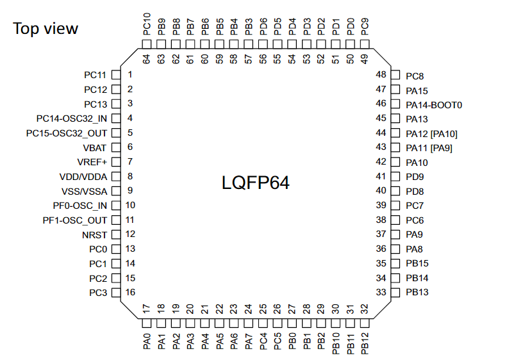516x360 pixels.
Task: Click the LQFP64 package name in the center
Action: tap(256, 183)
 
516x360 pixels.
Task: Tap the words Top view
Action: tap(46, 28)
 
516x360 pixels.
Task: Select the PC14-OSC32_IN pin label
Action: tap(71, 118)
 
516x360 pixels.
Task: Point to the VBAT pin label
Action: tap(95, 147)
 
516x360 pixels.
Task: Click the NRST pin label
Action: tap(94, 234)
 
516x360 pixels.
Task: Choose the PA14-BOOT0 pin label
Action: tap(434, 104)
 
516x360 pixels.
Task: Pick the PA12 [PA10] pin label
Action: tap(431, 134)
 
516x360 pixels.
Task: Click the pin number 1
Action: tap(129, 74)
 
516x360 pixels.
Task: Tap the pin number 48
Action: tap(381, 74)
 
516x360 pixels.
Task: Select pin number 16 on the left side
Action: tap(130, 293)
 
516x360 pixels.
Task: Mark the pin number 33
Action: tap(381, 293)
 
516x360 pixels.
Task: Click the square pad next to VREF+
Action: tap(116, 162)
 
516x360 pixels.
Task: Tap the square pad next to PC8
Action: tap(395, 75)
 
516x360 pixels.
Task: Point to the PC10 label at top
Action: tap(147, 24)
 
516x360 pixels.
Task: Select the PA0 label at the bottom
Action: tap(147, 338)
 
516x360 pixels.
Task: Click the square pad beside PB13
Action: tap(395, 293)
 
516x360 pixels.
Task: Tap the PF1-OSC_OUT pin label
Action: tap(76, 220)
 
